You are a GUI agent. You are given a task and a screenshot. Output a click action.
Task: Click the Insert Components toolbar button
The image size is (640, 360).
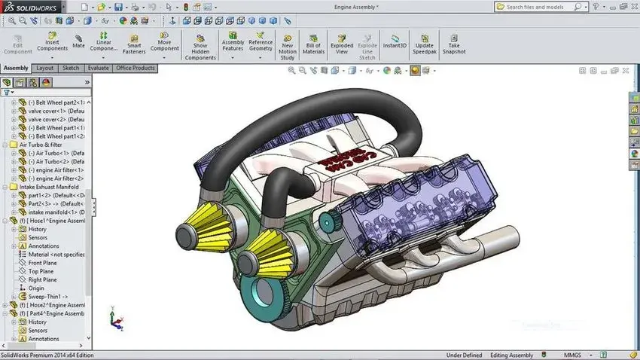(x=52, y=42)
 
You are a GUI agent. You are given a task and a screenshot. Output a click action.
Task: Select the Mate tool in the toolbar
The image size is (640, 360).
(x=78, y=40)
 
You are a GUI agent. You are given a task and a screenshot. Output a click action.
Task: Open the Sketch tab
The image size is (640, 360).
(x=71, y=68)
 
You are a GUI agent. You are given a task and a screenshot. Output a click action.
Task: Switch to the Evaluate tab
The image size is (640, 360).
(x=98, y=68)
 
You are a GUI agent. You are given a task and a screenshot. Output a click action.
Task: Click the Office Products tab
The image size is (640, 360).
(x=135, y=68)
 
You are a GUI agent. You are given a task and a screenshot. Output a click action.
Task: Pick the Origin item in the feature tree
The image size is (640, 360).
(x=36, y=288)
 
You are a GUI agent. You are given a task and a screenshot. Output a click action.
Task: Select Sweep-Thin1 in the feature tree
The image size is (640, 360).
(x=47, y=297)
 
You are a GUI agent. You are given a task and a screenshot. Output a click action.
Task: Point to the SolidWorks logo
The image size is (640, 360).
(x=30, y=7)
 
